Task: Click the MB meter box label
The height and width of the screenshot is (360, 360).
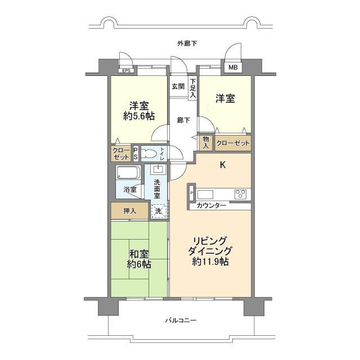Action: [233, 67]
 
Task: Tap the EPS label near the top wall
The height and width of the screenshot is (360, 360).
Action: [126, 71]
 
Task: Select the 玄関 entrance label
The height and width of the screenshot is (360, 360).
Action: [178, 87]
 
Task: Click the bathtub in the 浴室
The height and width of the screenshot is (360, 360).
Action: [128, 173]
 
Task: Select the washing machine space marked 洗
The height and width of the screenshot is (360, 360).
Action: [159, 211]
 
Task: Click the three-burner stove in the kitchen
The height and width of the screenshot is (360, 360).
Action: [240, 193]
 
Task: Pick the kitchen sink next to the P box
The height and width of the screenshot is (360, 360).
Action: [205, 195]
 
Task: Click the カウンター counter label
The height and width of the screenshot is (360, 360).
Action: [211, 205]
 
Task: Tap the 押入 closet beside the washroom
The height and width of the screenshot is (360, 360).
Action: [130, 210]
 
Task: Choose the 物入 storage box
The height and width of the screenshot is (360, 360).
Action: [206, 142]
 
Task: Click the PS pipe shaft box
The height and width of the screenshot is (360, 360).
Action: [136, 154]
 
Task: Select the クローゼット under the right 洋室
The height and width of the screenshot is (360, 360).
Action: [233, 143]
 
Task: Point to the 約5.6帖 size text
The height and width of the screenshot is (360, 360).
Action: [139, 116]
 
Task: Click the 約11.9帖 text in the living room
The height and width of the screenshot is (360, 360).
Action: [210, 261]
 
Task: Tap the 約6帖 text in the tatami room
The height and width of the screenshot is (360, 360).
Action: [139, 264]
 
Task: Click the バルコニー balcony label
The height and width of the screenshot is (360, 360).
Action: [181, 320]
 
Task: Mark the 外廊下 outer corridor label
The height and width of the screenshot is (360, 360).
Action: [187, 43]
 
